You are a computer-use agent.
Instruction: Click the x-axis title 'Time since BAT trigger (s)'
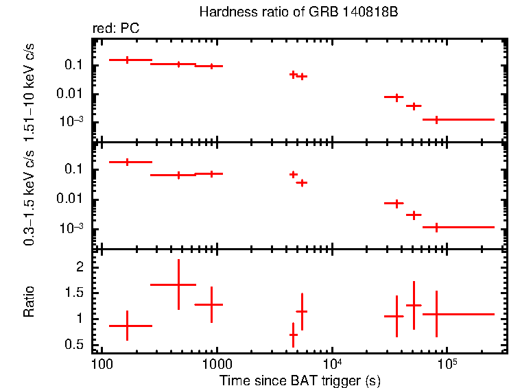click(x=300, y=380)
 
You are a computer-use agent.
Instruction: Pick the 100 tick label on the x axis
click(x=101, y=363)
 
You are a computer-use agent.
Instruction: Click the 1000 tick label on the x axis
click(x=217, y=363)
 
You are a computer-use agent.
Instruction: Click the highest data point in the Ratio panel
click(x=178, y=284)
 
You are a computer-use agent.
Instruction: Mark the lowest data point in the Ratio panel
click(x=293, y=335)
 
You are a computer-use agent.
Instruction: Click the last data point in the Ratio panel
click(x=437, y=314)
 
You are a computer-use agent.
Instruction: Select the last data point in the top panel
click(x=436, y=119)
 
